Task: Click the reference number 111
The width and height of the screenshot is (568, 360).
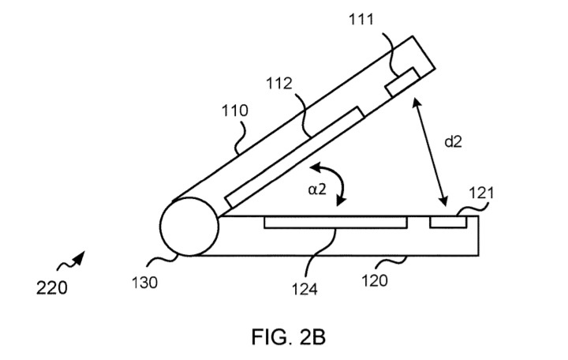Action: (x=361, y=19)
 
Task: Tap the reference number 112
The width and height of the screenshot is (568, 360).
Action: (x=279, y=84)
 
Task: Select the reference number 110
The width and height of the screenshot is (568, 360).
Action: (x=235, y=111)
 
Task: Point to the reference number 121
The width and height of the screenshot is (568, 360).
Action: (x=481, y=193)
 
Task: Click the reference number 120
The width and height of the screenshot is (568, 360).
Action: (x=375, y=280)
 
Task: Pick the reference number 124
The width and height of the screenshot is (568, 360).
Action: (x=305, y=289)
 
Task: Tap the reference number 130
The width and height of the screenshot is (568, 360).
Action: (x=144, y=283)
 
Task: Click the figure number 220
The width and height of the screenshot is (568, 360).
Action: (x=52, y=288)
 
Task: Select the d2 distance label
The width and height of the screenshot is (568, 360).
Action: (x=453, y=141)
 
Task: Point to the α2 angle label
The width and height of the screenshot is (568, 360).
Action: (x=317, y=189)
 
